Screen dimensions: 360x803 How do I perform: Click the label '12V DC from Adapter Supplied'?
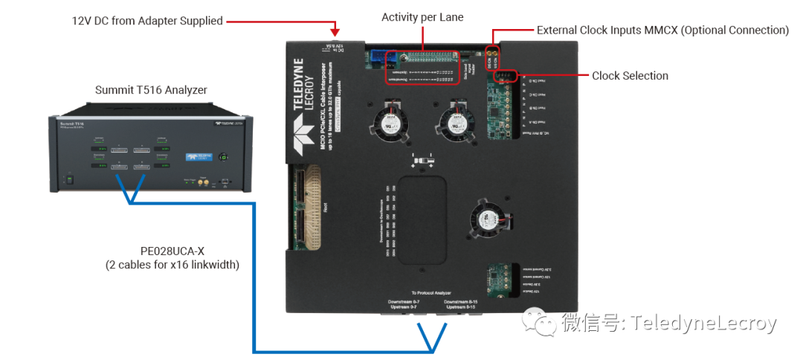[147, 21]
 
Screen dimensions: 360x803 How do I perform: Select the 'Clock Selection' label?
[630, 76]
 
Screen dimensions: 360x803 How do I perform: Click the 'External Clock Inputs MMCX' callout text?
[662, 30]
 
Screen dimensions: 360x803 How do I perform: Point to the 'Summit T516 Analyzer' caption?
[151, 90]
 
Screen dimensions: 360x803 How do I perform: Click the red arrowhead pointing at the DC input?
[335, 31]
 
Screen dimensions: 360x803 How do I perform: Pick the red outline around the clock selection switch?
[506, 76]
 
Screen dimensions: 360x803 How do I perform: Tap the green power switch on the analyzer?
[70, 179]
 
